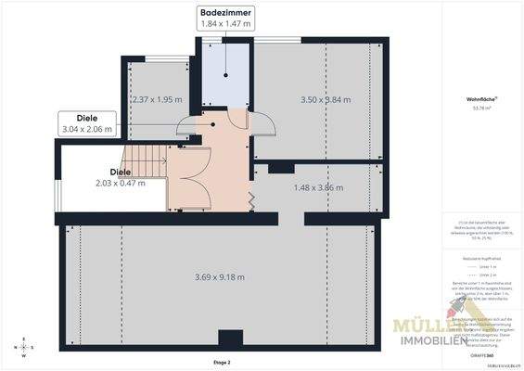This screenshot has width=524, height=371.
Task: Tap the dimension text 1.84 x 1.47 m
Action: pyautogui.click(x=226, y=23)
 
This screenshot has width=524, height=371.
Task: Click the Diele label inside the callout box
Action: pyautogui.click(x=86, y=118)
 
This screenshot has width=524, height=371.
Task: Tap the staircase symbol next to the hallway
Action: pyautogui.click(x=149, y=159)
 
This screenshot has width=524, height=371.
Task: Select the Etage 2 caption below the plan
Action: pyautogui.click(x=221, y=362)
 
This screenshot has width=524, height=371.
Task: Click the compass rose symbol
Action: pyautogui.click(x=23, y=349)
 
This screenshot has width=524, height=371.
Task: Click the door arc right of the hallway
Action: pyautogui.click(x=261, y=124)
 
